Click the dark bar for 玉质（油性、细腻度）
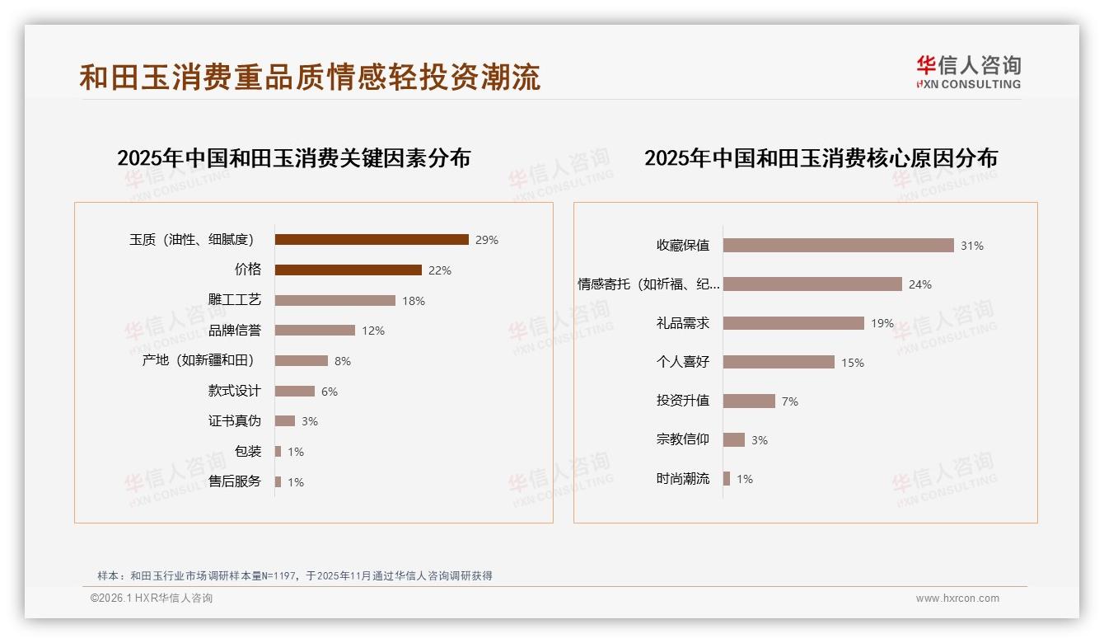point(372,240)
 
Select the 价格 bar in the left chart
point(348,270)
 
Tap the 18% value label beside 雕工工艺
point(414,301)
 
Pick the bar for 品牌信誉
point(315,331)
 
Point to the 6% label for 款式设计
point(330,392)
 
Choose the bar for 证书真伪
point(285,421)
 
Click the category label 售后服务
point(235,481)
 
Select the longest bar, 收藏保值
point(838,246)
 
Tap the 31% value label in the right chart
point(972,246)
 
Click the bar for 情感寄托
point(812,284)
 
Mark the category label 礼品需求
point(683,323)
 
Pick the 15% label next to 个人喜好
point(853,363)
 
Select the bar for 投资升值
point(749,401)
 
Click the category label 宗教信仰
point(683,439)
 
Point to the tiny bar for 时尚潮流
point(727,479)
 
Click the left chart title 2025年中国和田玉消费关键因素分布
point(293,158)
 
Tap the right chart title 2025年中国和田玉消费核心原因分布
point(821,158)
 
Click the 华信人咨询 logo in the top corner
point(968,72)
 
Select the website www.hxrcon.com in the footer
point(957,598)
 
